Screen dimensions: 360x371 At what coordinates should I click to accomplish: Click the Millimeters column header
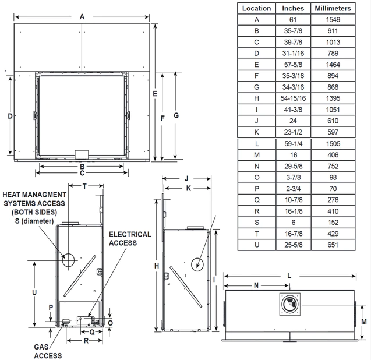pos(333,8)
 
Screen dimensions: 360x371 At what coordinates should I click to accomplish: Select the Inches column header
pos(293,8)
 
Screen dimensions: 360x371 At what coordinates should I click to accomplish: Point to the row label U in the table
pos(256,245)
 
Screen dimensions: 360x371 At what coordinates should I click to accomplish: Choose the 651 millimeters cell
pos(333,245)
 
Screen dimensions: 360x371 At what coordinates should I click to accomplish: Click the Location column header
pos(256,8)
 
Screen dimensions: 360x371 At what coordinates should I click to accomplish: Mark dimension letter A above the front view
pos(82,17)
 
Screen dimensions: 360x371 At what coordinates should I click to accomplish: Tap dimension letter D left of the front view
pos(10,116)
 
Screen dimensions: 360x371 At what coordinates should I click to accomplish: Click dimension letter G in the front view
pos(175,115)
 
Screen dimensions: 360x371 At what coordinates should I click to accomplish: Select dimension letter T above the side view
pos(84,186)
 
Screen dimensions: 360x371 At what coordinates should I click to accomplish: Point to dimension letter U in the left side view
pos(34,291)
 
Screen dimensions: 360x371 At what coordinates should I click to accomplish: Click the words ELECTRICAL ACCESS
pos(130,238)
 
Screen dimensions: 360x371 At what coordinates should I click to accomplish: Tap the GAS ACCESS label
pos(47,351)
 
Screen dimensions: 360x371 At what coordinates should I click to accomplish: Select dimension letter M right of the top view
pos(363,321)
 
